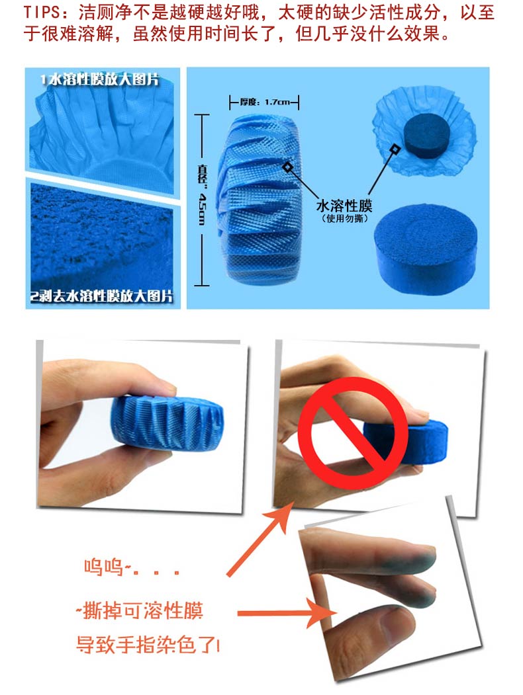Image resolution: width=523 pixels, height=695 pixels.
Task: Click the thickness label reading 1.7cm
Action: pos(277,102)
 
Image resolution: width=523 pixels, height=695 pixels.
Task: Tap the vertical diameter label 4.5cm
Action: pos(202,208)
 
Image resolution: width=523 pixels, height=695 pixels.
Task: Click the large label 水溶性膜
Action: pos(344,206)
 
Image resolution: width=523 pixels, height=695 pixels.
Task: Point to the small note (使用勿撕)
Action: pos(344,218)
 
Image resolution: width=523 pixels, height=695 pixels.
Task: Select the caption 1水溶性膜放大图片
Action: pos(99,80)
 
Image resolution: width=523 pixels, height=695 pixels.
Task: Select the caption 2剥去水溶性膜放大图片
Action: pos(101,296)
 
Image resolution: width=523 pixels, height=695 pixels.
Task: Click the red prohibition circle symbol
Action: pos(353,432)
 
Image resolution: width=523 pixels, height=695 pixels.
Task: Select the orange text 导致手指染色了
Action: pos(146,644)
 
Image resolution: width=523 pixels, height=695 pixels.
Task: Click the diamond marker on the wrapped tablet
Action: pos(287,167)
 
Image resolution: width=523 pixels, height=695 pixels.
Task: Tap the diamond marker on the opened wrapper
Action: pos(394,149)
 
